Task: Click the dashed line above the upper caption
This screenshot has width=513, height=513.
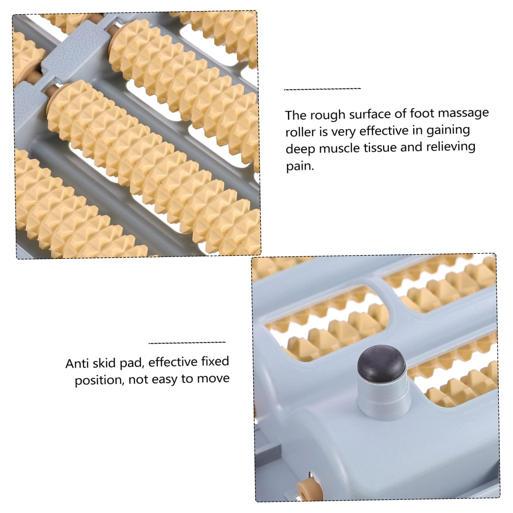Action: pyautogui.click(x=322, y=89)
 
